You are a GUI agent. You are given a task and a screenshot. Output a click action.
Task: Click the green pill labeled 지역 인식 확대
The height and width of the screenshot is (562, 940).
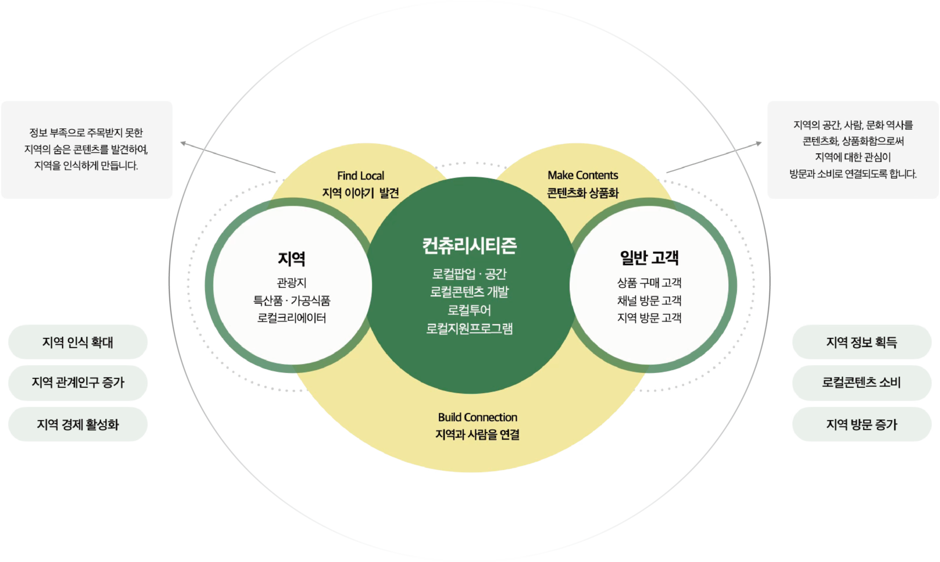[77, 342]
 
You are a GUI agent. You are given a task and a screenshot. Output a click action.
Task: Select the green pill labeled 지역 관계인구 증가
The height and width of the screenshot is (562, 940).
[77, 382]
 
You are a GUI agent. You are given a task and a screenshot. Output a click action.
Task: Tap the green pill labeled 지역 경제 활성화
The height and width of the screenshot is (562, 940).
[77, 424]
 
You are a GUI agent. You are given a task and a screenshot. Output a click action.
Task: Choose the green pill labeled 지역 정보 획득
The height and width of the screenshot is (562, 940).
[862, 342]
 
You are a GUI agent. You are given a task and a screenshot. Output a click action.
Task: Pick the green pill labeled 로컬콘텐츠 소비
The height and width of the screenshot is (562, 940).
[862, 382]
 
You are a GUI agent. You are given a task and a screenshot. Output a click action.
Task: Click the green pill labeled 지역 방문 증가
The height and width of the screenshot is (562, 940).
[862, 424]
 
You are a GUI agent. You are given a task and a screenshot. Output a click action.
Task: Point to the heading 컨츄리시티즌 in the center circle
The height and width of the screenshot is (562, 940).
[469, 246]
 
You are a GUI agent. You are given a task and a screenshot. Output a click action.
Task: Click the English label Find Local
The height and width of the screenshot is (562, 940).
[361, 176]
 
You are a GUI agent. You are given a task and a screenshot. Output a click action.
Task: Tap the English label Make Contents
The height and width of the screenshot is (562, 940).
[583, 175]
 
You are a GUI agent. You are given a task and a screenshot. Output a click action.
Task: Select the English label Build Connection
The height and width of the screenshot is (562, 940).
[477, 418]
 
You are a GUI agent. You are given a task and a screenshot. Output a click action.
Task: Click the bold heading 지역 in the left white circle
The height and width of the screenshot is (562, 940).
[291, 259]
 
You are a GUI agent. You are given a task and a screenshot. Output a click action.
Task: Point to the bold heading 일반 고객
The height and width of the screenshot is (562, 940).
[649, 258]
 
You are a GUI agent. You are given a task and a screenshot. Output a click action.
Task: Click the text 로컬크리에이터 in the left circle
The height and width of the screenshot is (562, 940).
[291, 318]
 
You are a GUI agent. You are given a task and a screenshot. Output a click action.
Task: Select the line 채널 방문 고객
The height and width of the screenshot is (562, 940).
[649, 301]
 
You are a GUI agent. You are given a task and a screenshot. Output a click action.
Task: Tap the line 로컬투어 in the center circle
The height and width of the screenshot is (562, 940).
[469, 310]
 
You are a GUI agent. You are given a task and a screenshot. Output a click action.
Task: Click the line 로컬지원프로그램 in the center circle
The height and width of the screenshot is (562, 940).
[469, 328]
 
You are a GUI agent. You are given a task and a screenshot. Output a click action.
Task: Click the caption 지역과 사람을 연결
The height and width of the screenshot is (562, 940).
[477, 435]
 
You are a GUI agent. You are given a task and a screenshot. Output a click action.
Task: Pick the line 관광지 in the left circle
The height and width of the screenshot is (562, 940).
[291, 283]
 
